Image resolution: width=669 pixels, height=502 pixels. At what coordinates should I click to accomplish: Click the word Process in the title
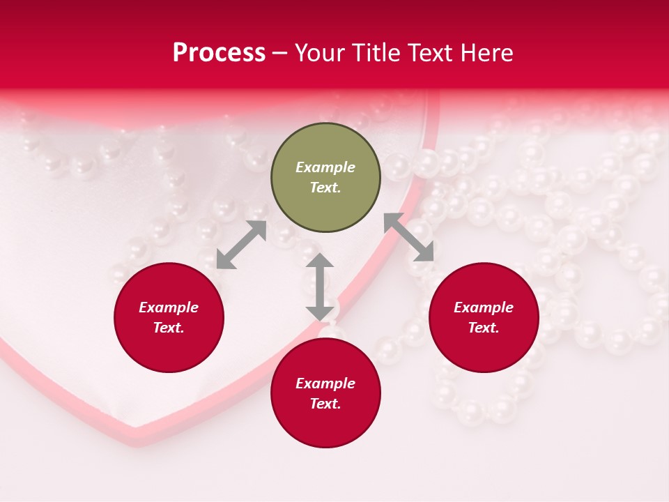coord(219,53)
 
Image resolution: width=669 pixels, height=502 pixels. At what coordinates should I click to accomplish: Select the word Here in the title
coord(487,53)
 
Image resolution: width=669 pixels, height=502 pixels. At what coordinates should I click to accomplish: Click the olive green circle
coord(325,178)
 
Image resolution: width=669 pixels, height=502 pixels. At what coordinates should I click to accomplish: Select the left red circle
coord(169,317)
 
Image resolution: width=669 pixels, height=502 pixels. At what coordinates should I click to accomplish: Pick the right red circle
coord(484,317)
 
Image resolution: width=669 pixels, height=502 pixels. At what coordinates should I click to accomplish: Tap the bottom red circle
coord(325,393)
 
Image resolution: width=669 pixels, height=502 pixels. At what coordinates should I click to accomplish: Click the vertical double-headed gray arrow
coord(320,287)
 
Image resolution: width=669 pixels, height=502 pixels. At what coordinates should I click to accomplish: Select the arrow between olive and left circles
coord(241,245)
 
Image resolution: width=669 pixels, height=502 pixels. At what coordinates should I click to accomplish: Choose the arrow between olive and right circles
coord(409,237)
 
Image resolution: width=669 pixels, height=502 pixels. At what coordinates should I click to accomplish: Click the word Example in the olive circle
coord(325,167)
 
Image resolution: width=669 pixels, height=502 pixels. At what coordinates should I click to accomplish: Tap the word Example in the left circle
coord(169,307)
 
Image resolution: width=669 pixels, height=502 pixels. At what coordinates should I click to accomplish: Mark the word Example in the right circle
coord(484,307)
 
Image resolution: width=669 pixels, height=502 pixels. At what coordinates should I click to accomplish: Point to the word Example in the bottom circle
coord(325,383)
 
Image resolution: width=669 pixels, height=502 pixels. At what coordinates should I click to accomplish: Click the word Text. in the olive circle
coord(325,188)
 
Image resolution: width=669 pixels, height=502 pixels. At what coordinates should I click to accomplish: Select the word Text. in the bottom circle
coord(325,404)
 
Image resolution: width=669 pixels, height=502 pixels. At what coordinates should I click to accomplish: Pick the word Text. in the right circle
coord(484,328)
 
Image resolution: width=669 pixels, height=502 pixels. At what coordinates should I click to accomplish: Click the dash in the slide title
coord(280,54)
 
